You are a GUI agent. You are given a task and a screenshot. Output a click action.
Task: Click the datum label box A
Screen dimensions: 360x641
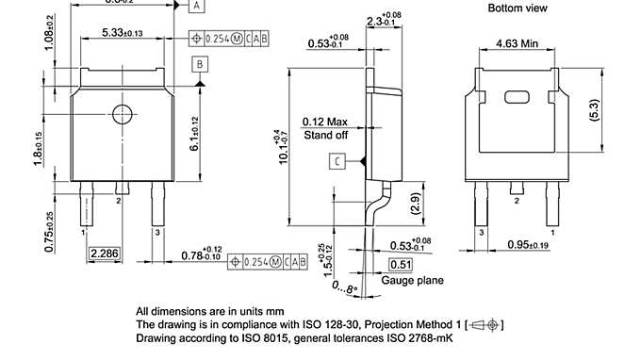(196, 6)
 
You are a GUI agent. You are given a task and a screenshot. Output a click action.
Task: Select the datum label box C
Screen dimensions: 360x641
(337, 162)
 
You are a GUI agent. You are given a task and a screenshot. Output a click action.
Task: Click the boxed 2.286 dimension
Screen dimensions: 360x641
(105, 254)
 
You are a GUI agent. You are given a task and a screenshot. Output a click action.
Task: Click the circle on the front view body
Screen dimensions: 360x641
(123, 115)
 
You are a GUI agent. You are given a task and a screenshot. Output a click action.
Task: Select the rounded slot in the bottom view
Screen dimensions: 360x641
(516, 97)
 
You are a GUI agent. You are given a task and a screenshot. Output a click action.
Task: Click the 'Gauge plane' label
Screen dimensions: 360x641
(412, 280)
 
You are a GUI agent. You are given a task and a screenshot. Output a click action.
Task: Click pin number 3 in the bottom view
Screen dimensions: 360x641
(481, 231)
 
